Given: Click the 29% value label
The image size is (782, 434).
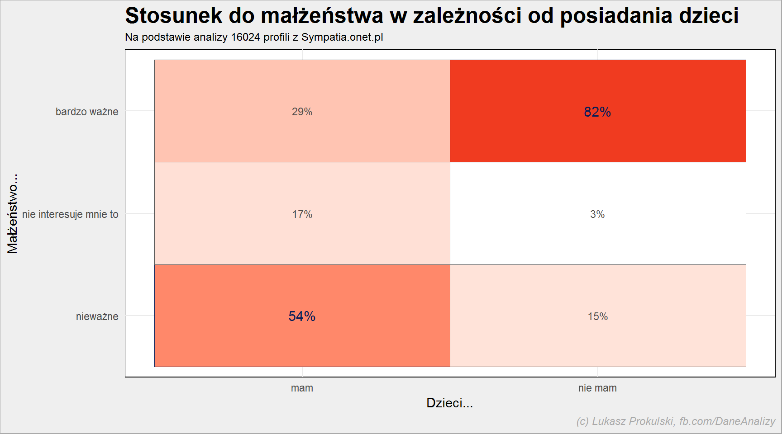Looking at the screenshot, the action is tap(302, 112).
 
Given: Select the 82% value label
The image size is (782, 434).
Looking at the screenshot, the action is tap(597, 112).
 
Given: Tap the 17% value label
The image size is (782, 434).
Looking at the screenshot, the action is tap(302, 214).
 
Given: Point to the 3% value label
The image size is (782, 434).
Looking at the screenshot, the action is tap(597, 214).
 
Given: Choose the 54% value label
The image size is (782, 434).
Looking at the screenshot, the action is tap(302, 316).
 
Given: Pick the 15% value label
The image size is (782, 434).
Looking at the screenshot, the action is tap(597, 316).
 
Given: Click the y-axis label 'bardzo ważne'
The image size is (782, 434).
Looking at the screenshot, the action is tap(87, 112).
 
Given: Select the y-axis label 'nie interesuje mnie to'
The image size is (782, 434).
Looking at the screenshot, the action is tap(70, 214).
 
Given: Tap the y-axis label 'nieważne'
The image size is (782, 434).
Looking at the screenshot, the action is tap(97, 316).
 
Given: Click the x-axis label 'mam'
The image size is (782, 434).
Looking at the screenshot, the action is tap(302, 388).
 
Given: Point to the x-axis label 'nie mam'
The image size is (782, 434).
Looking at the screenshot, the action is tap(597, 388).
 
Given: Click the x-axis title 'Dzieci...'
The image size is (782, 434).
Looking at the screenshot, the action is tap(449, 403).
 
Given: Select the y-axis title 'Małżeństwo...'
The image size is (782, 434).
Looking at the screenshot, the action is tap(12, 213).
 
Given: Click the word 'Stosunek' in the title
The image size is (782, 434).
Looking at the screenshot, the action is tap(174, 16).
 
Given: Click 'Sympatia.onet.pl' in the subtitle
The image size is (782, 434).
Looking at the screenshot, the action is tap(342, 38).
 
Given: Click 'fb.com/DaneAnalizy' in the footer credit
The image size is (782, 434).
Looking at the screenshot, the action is tap(727, 421).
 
